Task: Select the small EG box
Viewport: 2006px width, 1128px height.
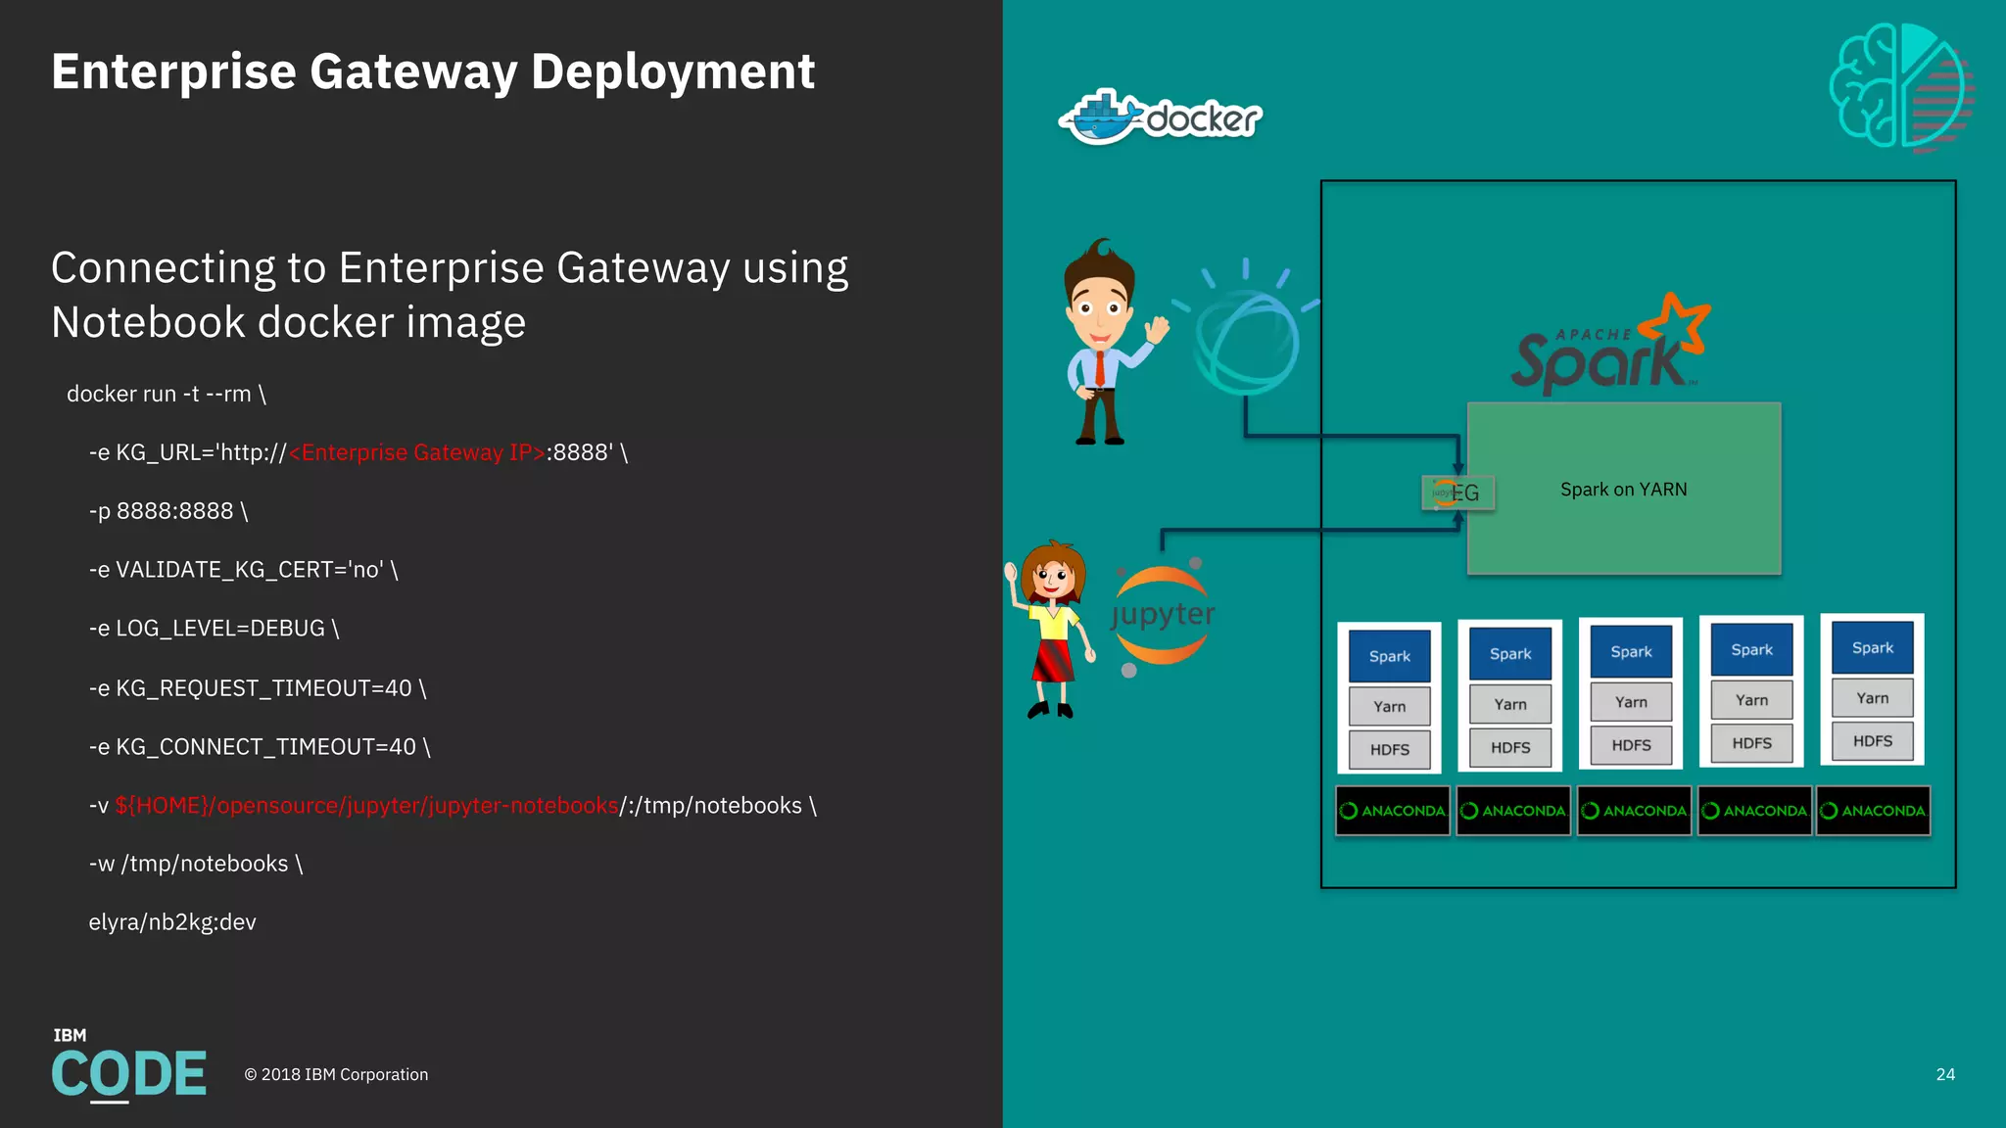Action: [1457, 493]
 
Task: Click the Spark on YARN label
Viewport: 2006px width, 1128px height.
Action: [1623, 490]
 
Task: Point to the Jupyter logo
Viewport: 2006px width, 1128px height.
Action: [1163, 615]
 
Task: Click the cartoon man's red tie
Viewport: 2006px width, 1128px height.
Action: [1100, 367]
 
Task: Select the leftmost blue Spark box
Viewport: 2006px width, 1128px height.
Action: [1389, 656]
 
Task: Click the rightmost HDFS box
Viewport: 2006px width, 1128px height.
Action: [1872, 741]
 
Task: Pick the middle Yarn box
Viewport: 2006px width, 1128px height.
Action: [1631, 702]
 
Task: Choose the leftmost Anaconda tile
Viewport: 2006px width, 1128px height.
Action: [1392, 811]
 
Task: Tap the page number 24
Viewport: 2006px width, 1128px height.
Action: [1945, 1074]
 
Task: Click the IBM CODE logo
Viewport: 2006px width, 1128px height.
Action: [128, 1067]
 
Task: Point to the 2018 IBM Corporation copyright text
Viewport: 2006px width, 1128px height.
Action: [336, 1074]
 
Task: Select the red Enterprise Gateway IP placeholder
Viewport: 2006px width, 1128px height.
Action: [417, 452]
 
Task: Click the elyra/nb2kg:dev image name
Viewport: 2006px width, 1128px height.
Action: [172, 922]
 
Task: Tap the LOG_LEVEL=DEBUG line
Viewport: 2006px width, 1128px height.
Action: [214, 629]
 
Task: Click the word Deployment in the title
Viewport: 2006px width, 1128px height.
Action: [672, 71]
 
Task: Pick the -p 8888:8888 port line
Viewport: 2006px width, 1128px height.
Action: [168, 511]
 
